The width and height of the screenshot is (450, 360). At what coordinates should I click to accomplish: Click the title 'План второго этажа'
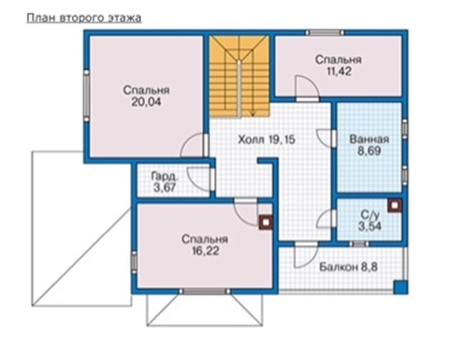(x=84, y=19)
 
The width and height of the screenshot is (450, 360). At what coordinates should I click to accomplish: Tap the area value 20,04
(x=146, y=102)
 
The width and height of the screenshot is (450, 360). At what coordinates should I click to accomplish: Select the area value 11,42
(x=339, y=71)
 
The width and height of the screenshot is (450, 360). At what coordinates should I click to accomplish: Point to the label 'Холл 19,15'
(x=267, y=139)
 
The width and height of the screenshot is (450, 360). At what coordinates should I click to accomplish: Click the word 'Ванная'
(x=370, y=139)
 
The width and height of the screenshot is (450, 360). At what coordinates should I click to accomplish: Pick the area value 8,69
(x=370, y=151)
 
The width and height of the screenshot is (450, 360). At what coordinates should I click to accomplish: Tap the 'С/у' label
(x=370, y=215)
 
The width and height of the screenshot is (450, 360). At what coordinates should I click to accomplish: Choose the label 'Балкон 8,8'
(x=348, y=267)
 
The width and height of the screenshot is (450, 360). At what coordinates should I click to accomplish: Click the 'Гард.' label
(x=165, y=177)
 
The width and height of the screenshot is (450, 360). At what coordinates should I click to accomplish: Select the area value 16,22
(x=206, y=251)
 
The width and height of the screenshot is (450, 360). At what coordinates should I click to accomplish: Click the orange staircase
(x=240, y=77)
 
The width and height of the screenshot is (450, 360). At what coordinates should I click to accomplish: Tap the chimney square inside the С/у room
(x=395, y=206)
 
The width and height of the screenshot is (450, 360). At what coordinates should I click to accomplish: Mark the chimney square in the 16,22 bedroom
(x=266, y=223)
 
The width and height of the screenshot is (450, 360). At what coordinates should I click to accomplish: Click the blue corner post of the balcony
(x=400, y=287)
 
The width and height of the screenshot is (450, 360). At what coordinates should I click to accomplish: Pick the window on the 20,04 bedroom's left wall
(x=86, y=95)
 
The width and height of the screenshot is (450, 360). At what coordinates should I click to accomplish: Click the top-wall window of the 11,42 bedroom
(x=325, y=33)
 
